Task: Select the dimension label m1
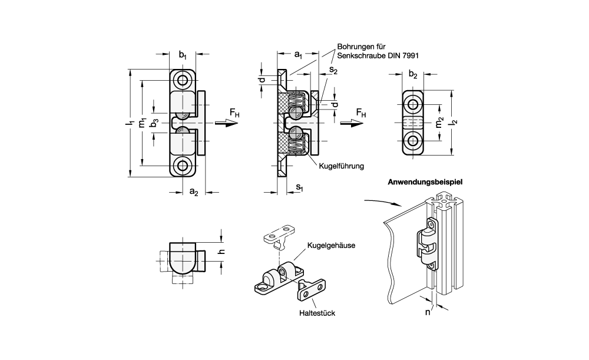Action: [x=141, y=123]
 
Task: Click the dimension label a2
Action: [x=193, y=192]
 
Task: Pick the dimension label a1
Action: [x=297, y=56]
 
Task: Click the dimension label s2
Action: [x=333, y=71]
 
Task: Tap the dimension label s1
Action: [x=300, y=189]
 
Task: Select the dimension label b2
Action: [x=413, y=75]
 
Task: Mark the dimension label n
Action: [x=428, y=313]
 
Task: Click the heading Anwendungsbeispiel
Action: [x=425, y=182]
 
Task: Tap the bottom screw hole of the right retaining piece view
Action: [x=413, y=140]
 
